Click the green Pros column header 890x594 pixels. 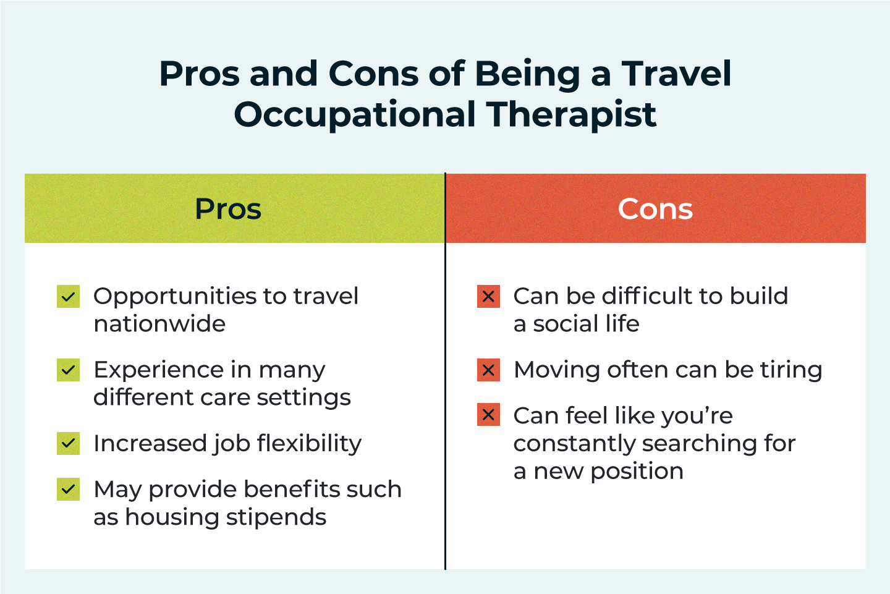point(235,208)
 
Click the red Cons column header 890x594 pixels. point(656,208)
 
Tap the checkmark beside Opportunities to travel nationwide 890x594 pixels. point(69,297)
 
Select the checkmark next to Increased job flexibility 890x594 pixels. point(69,443)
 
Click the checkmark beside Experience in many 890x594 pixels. point(69,370)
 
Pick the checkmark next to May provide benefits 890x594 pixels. point(69,489)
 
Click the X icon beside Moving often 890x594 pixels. point(488,370)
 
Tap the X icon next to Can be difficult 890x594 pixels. point(488,297)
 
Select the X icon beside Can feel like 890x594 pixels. point(488,414)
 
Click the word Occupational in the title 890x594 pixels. point(354,115)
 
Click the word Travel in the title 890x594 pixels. point(676,74)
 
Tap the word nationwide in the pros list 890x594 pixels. point(159,324)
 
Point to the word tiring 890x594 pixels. point(791,370)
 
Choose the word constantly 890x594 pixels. point(574,444)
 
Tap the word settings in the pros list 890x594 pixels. point(304,398)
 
